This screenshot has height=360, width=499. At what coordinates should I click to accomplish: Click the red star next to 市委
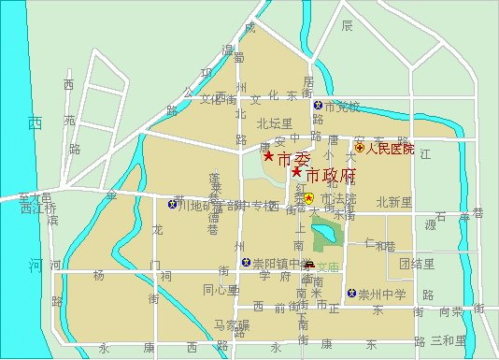coord(268,156)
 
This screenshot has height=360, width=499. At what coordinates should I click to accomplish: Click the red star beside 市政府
coord(296,172)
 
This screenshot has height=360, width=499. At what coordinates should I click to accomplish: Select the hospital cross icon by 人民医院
coord(359,148)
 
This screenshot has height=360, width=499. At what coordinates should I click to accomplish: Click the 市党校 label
coord(342,106)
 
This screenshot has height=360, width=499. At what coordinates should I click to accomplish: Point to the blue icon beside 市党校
coord(318,106)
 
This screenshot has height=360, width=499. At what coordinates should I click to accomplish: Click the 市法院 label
coord(338,198)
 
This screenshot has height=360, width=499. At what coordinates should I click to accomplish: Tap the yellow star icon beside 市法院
coord(309,198)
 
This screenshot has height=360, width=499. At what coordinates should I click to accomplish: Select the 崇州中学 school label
coord(383,295)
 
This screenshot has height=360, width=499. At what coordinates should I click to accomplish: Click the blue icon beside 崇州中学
coord(352,295)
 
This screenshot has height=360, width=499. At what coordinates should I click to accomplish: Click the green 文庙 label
coord(327,266)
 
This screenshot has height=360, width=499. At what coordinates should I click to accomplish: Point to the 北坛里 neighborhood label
coord(275,122)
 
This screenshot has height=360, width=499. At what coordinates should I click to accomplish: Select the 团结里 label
coord(417,264)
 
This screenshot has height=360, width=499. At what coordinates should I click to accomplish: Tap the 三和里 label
coord(449,340)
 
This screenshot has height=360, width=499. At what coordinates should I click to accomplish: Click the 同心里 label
coord(221,289)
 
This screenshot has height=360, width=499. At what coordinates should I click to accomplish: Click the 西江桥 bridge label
coord(38,209)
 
